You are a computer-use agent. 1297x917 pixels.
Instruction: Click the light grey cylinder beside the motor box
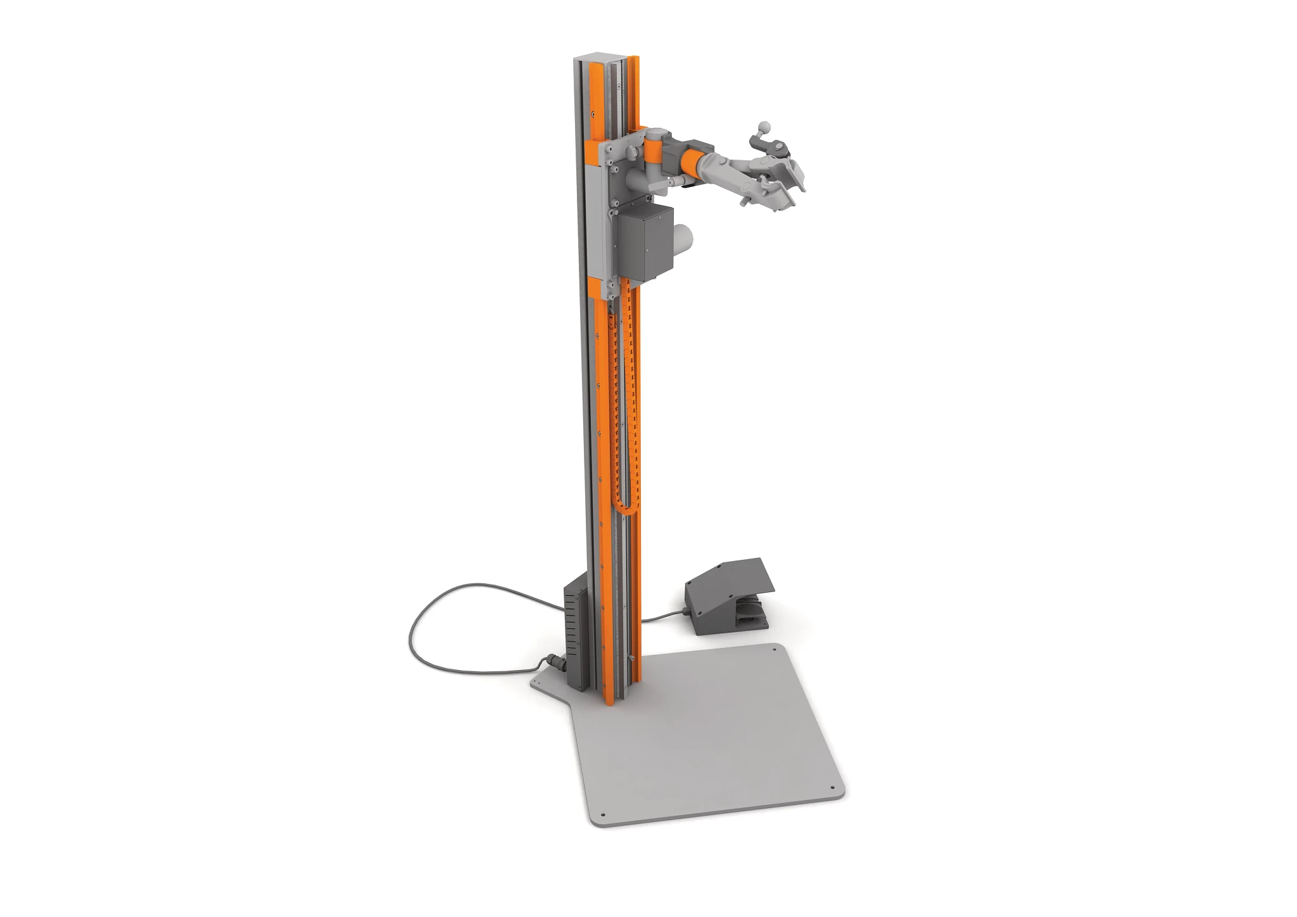click(x=683, y=242)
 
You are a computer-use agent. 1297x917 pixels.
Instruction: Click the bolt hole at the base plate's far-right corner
click(x=774, y=648)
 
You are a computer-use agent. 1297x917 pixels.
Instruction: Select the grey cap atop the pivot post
click(x=655, y=135)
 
